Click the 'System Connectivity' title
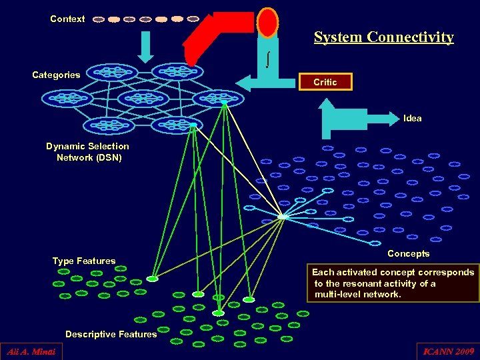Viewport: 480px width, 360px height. (383, 37)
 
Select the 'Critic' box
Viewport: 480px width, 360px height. (325, 82)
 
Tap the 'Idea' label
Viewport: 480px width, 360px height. (412, 118)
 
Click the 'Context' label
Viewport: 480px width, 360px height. (67, 19)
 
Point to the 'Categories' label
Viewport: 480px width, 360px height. (56, 75)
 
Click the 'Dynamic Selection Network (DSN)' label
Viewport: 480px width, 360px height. (88, 152)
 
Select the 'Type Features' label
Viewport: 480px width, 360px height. (84, 261)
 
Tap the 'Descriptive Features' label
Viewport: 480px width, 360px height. (111, 334)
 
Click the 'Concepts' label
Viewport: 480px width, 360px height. (408, 253)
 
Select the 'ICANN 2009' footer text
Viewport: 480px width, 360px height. (447, 351)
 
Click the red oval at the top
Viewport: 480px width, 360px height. (267, 22)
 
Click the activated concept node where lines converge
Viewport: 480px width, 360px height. (283, 217)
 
